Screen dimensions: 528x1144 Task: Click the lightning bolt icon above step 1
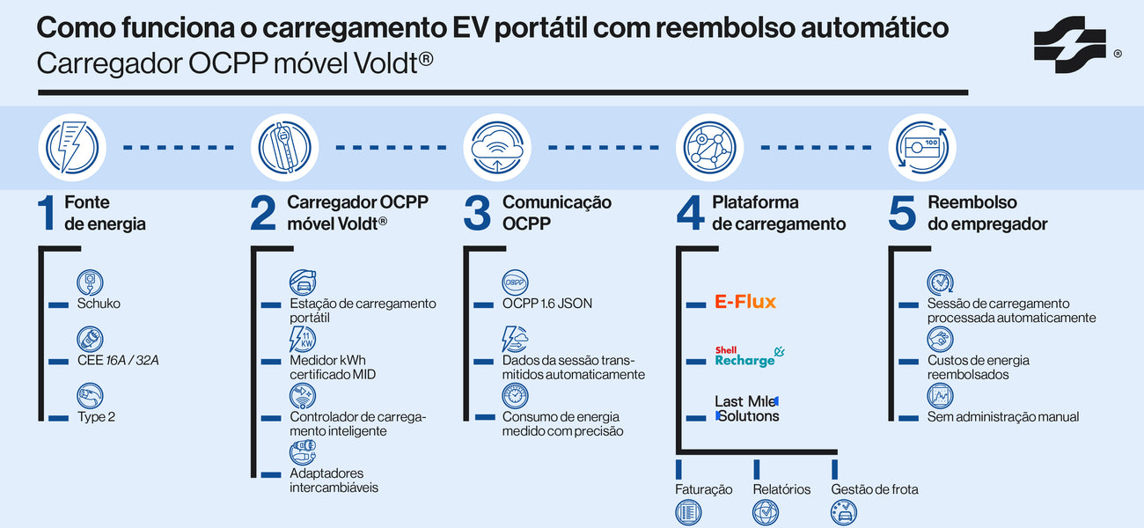point(71,147)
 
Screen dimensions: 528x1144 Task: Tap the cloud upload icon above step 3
point(497,147)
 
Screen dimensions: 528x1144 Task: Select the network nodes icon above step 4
point(710,147)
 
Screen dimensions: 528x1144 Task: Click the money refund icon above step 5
point(922,147)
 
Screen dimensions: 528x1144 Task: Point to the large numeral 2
point(263,214)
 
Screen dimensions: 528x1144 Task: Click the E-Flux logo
point(744,303)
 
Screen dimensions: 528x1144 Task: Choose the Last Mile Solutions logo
point(746,408)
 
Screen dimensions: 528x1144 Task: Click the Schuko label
point(99,304)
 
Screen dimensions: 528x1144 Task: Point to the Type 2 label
point(96,416)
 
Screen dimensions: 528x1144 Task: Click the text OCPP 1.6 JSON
point(546,304)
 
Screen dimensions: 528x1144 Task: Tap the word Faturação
point(703,489)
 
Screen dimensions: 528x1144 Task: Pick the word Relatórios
point(781,489)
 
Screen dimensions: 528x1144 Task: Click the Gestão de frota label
point(874,489)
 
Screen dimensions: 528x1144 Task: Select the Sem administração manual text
point(1002,416)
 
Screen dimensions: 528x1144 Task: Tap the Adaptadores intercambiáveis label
point(334,480)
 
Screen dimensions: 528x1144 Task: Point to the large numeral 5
point(902,214)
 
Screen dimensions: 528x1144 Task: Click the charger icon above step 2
point(284,147)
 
